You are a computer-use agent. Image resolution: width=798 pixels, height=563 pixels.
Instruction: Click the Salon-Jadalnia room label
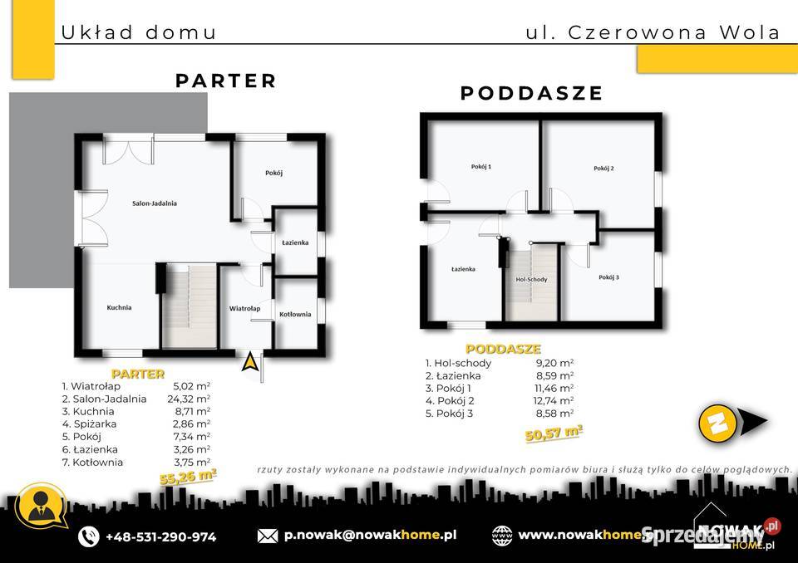[154, 203]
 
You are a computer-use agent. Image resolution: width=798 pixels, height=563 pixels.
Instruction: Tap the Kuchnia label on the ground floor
[120, 308]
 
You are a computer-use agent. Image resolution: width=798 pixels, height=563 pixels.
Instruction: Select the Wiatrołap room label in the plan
[245, 309]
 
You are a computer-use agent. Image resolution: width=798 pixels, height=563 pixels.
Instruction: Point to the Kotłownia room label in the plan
[295, 314]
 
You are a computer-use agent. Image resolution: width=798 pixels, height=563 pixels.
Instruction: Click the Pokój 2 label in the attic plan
[603, 169]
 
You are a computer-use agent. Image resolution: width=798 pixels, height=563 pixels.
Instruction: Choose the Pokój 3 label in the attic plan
[608, 277]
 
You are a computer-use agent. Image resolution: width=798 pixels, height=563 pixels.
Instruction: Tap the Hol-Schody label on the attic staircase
[531, 280]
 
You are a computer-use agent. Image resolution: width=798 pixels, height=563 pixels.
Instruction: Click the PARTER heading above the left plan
[225, 81]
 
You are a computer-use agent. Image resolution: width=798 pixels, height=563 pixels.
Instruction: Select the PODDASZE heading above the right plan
[531, 93]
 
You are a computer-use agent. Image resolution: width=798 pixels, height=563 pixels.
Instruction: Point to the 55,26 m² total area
[188, 475]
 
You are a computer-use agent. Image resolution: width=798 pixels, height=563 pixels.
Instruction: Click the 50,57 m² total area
[554, 432]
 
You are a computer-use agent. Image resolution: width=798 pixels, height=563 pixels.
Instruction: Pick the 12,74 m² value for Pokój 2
[554, 400]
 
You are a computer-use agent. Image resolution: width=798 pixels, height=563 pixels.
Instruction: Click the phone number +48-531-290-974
[160, 537]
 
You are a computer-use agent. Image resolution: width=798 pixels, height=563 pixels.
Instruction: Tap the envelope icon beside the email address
[268, 536]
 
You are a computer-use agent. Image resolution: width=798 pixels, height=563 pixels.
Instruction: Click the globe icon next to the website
[501, 536]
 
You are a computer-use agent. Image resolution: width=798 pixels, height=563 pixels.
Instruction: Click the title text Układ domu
[139, 32]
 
